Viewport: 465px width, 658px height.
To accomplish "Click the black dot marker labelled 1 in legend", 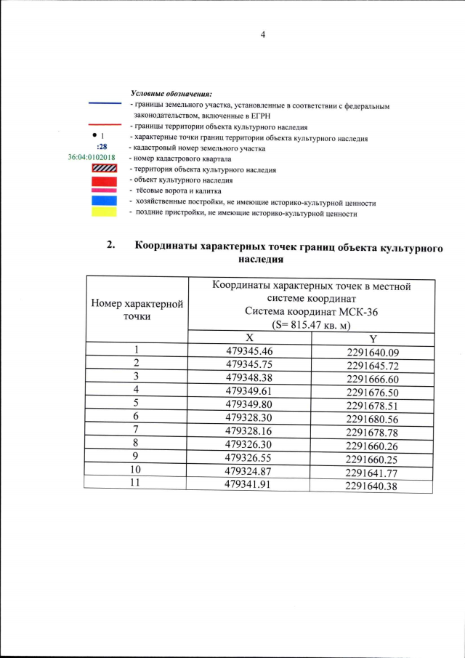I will click(x=94, y=136).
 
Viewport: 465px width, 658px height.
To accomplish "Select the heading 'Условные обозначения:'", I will click(x=171, y=94).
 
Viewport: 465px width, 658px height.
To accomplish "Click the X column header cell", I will click(x=249, y=338).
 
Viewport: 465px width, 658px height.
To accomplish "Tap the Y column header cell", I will click(x=373, y=339).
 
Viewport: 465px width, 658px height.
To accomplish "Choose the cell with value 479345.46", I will click(x=249, y=351).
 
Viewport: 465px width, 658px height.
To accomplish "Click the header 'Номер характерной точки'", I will click(x=137, y=309).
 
